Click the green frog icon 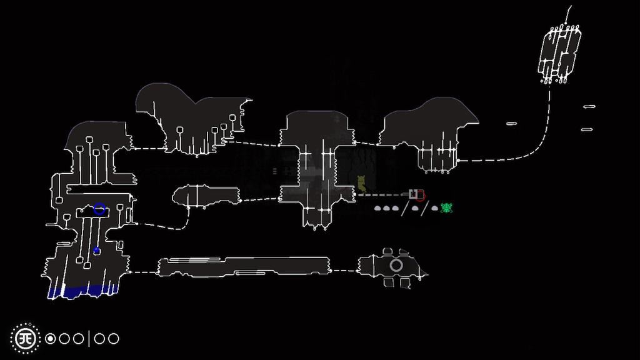point(446,208)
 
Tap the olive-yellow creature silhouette point(361,183)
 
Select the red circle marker point(420,195)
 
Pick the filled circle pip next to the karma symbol point(51,339)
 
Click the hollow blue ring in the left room point(99,209)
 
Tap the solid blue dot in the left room point(96,251)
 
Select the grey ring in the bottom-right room point(396,266)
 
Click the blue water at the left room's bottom point(78,291)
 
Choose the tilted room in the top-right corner point(559,53)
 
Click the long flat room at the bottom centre point(244,267)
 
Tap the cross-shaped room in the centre point(316,166)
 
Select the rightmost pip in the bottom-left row point(113,339)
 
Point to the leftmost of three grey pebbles point(378,208)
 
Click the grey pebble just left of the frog point(434,208)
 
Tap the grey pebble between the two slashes point(414,208)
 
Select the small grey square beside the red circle point(412,194)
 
